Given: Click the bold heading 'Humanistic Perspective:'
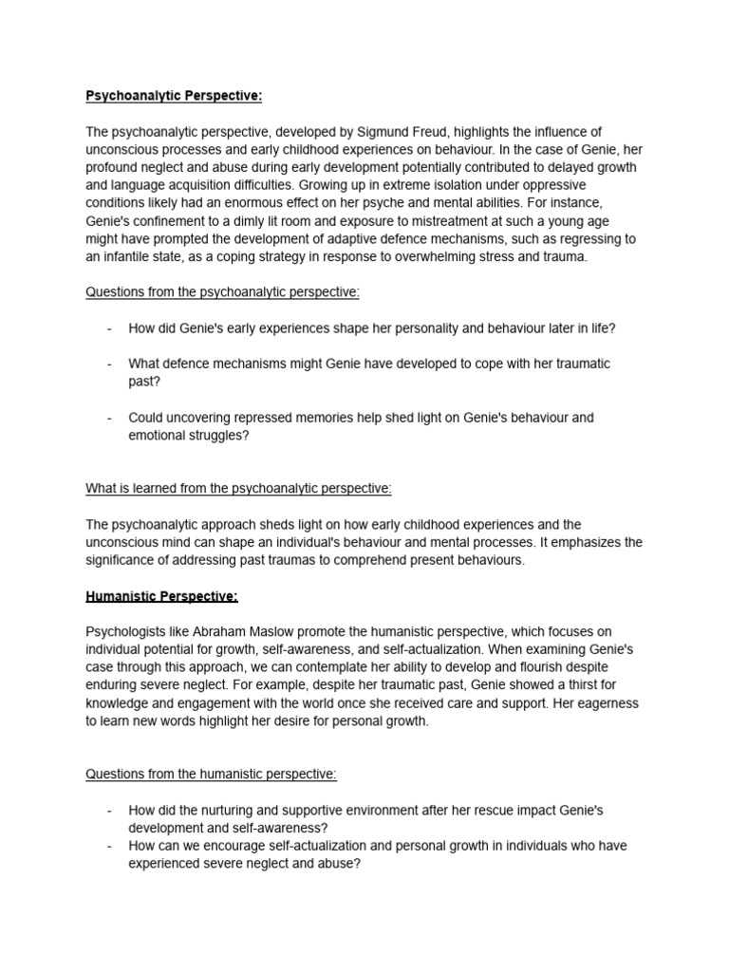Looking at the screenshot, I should [161, 596].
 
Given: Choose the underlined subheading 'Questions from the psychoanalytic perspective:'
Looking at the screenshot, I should [223, 292].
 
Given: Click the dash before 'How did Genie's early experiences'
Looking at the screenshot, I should [110, 328].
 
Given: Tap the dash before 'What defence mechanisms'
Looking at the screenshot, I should [110, 364].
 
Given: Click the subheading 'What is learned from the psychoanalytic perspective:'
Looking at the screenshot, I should [238, 489].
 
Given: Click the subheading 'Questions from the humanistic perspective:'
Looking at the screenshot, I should [212, 774].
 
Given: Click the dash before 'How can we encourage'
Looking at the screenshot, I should [110, 845].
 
